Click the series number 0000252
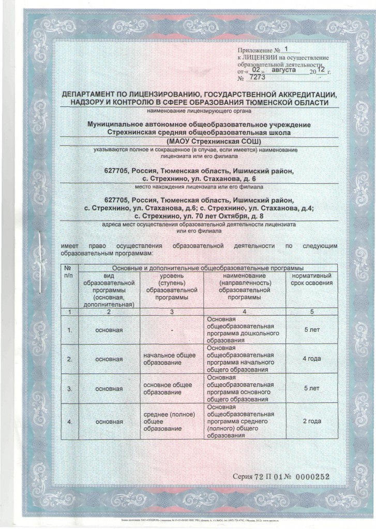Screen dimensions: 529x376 (309, 476)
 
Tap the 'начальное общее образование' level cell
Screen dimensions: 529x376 (169, 359)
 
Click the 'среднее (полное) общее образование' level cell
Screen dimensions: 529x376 (169, 422)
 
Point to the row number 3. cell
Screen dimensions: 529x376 (69, 388)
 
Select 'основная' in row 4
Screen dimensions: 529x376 (110, 422)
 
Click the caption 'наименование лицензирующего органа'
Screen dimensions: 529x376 (199, 111)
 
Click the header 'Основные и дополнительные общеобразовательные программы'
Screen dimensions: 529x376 (207, 268)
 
